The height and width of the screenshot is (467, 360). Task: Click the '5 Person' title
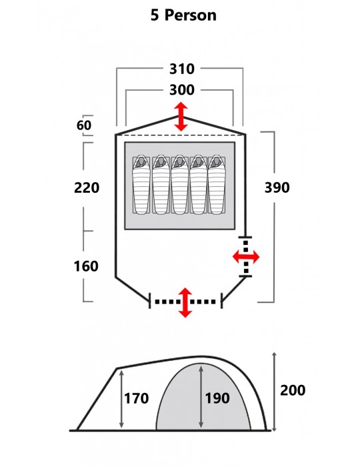tap(183, 15)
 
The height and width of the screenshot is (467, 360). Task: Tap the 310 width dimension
tap(182, 69)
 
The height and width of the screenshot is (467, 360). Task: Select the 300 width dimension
tap(182, 89)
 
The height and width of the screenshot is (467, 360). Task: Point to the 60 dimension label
tap(84, 125)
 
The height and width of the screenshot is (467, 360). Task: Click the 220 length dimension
tap(87, 187)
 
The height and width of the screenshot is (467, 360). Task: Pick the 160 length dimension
tap(86, 266)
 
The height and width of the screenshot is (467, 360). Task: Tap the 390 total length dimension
tap(277, 187)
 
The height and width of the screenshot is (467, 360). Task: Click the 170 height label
tap(136, 398)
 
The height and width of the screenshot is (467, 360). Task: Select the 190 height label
tap(217, 398)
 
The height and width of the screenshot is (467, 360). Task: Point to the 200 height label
tap(293, 390)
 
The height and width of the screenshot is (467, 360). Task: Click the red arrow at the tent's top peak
tap(181, 117)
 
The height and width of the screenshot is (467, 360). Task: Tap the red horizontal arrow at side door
tap(246, 257)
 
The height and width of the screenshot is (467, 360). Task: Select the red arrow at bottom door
tap(185, 303)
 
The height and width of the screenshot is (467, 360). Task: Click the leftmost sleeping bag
tap(141, 185)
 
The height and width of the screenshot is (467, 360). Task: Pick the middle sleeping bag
tap(179, 185)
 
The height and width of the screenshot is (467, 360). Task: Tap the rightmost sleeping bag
tap(217, 185)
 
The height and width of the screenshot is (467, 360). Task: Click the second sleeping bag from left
tap(161, 185)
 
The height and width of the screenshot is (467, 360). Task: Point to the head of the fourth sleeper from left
tap(198, 162)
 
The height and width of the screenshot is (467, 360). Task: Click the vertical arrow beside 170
tap(121, 400)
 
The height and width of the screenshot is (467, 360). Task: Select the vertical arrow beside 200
tap(275, 392)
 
